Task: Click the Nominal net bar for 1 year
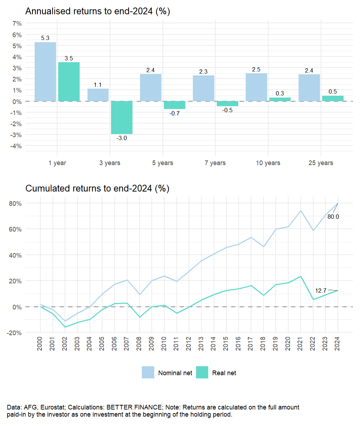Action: (x=45, y=71)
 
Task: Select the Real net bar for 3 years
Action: (x=122, y=118)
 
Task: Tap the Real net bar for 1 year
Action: (x=69, y=82)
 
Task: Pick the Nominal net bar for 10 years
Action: (x=256, y=87)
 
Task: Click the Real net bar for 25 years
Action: (x=333, y=98)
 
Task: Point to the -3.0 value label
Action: (x=122, y=138)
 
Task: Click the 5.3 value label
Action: (x=45, y=38)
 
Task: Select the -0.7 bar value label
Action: (x=175, y=113)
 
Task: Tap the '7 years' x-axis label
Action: (x=215, y=163)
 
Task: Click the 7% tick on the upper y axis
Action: (x=17, y=24)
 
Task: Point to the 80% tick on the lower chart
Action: (x=15, y=203)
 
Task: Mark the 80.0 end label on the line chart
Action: (x=333, y=217)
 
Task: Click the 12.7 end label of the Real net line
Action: (x=320, y=290)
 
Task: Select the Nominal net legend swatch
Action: (x=148, y=373)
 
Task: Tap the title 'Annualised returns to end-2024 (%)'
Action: (x=97, y=11)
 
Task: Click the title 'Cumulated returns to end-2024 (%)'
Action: (x=97, y=188)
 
